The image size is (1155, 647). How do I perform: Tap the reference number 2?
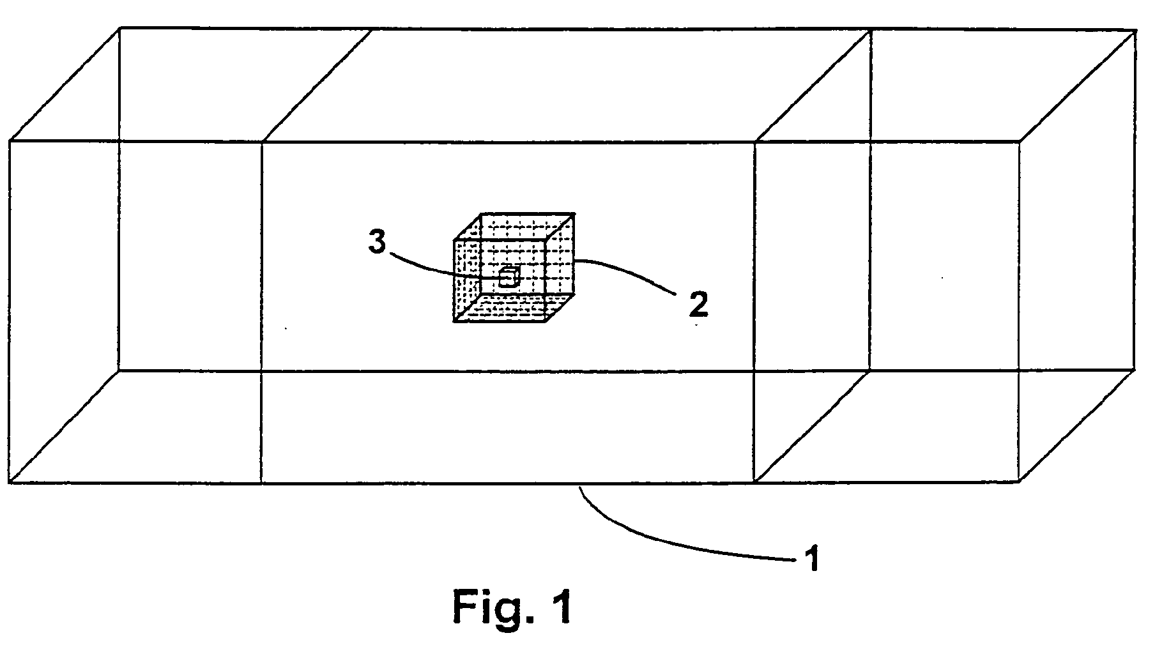(698, 305)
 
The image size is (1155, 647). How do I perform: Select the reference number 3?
(378, 244)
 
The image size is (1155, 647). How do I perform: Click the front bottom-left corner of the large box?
(10, 483)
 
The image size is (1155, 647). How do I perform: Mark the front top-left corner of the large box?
(10, 141)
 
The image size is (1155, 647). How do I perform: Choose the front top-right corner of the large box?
(1020, 142)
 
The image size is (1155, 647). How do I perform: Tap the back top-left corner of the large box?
(120, 28)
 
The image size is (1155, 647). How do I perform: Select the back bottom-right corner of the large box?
(1135, 369)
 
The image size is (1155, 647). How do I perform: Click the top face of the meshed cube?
(514, 227)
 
